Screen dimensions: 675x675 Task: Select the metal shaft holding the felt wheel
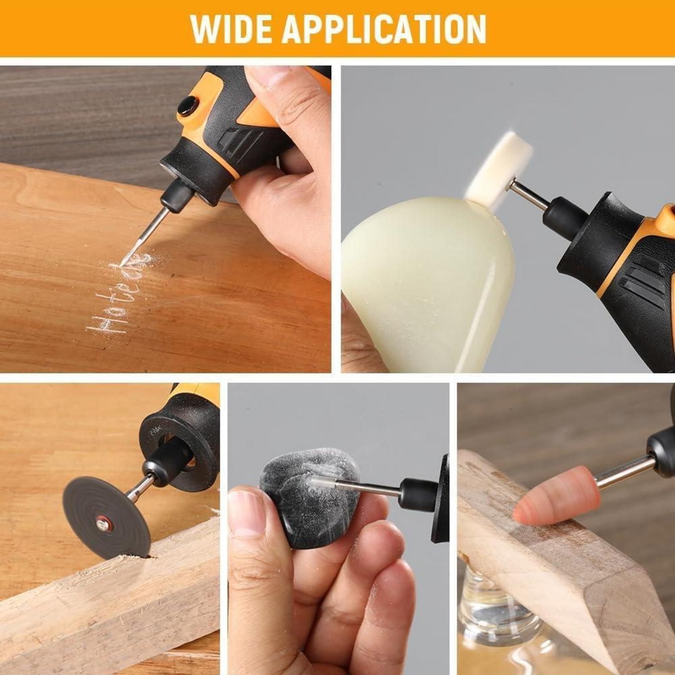[533, 194]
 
